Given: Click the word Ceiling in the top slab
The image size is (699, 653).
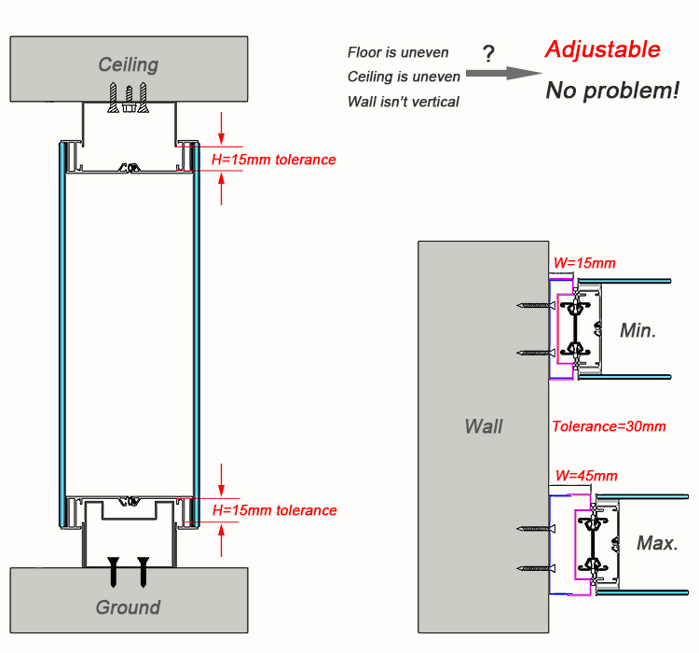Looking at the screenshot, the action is (129, 65).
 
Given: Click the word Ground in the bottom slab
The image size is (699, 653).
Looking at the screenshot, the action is (128, 607).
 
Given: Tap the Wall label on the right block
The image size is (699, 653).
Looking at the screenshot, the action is (484, 426).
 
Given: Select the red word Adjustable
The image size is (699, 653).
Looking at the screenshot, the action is (602, 49).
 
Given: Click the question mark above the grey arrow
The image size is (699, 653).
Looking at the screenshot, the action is (488, 53).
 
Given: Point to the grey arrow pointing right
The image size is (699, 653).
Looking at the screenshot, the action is (504, 73).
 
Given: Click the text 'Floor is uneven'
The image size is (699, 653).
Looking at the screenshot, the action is (398, 52).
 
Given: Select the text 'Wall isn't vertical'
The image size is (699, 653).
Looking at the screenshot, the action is (403, 102).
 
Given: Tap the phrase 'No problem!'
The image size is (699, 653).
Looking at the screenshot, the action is (612, 90).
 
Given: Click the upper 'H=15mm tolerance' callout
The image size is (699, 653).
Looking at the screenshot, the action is (273, 160).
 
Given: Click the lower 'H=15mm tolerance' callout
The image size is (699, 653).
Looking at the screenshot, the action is (274, 510).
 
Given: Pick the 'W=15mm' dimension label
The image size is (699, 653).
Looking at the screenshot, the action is (584, 263).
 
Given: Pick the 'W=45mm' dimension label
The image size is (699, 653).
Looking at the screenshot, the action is (586, 476).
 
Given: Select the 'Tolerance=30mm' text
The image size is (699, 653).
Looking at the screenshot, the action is (609, 426).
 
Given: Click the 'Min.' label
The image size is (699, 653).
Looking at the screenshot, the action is (637, 330).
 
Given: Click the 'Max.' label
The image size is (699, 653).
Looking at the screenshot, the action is (657, 543).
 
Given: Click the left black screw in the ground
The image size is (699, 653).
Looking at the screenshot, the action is (114, 572).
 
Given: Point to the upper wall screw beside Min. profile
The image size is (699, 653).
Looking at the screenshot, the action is (536, 305).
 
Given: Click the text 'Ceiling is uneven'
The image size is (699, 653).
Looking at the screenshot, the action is (404, 76).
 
